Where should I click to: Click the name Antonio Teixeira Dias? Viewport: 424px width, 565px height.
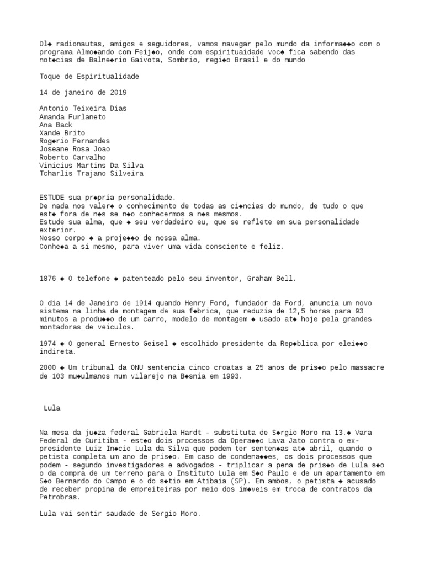point(83,109)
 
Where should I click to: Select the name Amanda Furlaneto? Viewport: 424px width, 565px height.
point(72,117)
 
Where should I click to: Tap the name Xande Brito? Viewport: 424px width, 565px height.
point(62,133)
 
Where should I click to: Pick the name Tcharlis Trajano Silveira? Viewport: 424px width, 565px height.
point(91,173)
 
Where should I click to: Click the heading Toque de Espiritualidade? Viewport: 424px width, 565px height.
point(89,76)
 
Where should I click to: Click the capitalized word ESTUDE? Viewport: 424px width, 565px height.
point(52,198)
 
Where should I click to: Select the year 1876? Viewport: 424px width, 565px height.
point(47,279)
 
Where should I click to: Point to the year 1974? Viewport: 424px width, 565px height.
point(47,343)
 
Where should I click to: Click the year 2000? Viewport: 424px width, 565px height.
point(47,367)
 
